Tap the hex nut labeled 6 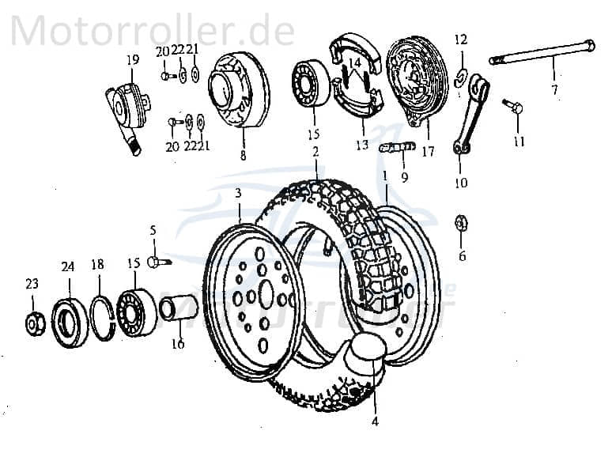[x=462, y=223]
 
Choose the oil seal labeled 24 [x=70, y=321]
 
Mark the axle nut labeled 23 [x=34, y=323]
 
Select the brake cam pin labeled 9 [x=397, y=147]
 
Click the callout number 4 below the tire [x=375, y=422]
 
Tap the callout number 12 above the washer [x=461, y=39]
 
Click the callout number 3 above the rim [x=238, y=193]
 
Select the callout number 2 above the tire [x=315, y=151]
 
